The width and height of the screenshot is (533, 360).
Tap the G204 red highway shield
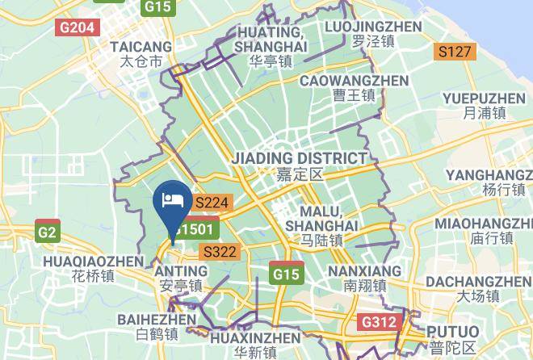(x=78, y=27)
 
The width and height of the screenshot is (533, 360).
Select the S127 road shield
(x=455, y=52)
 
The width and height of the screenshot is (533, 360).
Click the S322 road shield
(x=220, y=252)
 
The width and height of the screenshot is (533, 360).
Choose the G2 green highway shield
(x=48, y=232)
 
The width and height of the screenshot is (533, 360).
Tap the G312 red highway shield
(x=379, y=323)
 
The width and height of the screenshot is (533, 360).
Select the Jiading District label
(x=300, y=165)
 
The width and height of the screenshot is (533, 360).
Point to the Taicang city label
(x=141, y=53)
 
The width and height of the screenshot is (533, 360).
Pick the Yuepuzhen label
(x=484, y=106)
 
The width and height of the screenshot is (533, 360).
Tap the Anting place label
(x=180, y=278)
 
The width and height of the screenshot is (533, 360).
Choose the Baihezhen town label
(x=157, y=327)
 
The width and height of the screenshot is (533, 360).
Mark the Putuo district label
(x=451, y=339)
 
